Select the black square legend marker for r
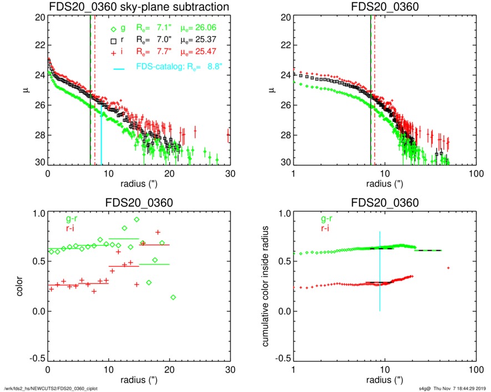113,41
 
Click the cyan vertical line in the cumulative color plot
380,271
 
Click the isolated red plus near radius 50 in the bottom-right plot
448,268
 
